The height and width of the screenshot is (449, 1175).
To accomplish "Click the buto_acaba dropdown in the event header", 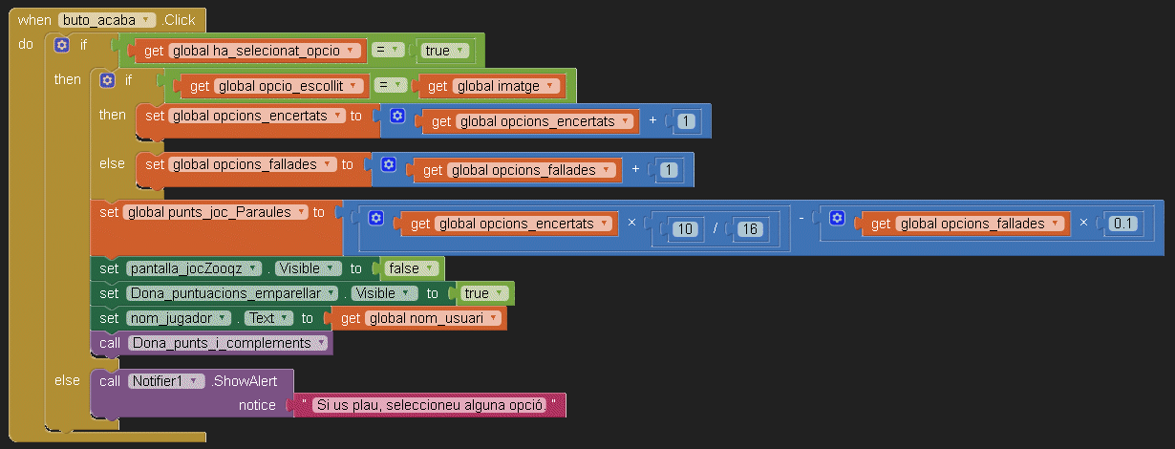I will click(x=106, y=19).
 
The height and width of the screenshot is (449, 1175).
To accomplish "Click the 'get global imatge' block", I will click(x=491, y=86).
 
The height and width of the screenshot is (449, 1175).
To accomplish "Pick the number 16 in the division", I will click(x=748, y=228).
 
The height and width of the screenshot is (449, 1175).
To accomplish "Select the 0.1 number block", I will click(x=1121, y=224).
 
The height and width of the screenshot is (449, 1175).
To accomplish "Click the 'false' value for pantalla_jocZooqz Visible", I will click(x=411, y=268).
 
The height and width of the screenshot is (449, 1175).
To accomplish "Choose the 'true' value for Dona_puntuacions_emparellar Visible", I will click(x=481, y=293).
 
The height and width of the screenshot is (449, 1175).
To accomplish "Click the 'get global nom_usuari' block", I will click(x=420, y=318).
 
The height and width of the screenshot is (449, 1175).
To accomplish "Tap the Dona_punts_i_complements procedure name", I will click(x=227, y=343).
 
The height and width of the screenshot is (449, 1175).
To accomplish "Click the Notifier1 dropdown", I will click(x=166, y=381).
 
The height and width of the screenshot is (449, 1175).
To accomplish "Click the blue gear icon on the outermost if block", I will click(x=62, y=44).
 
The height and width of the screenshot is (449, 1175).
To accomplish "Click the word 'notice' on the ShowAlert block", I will click(x=257, y=405).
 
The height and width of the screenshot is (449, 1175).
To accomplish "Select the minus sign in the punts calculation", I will click(x=801, y=223).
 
